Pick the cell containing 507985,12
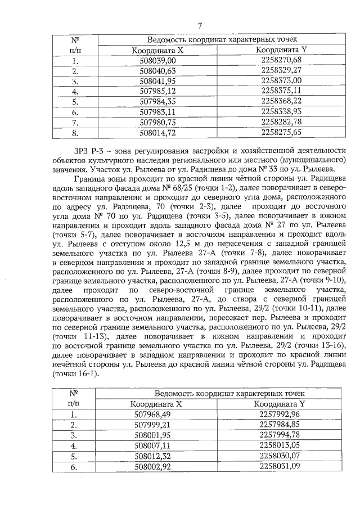(x=157, y=91)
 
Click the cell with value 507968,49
(x=155, y=415)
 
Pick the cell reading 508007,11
(x=155, y=445)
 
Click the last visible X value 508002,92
(x=155, y=466)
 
